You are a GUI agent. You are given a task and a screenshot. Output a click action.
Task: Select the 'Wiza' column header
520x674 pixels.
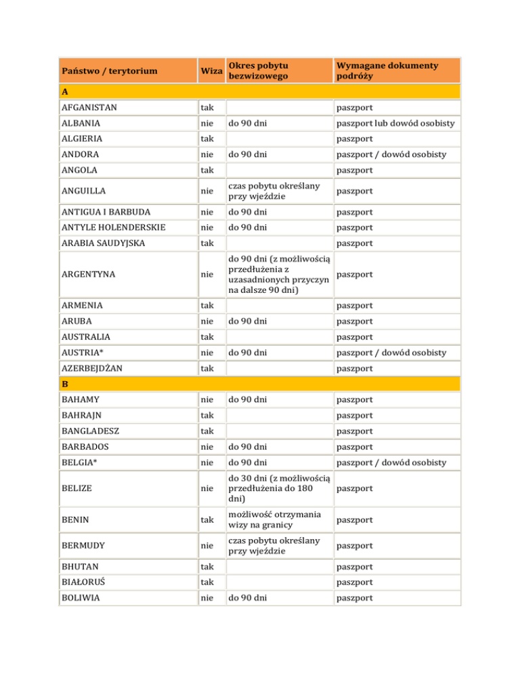tap(210, 71)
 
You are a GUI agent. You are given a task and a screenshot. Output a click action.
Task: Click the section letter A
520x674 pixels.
tap(64, 91)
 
